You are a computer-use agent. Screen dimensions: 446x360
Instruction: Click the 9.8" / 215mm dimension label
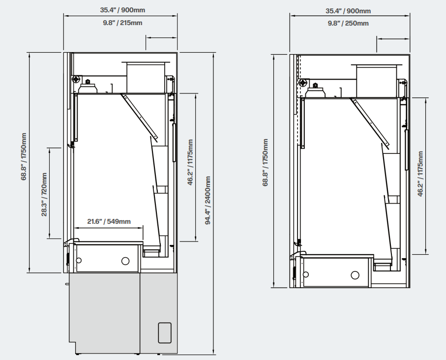pos(122,23)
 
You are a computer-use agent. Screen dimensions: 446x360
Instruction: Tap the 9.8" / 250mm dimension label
pos(348,23)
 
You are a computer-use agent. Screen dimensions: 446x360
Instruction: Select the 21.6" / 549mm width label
pos(109,221)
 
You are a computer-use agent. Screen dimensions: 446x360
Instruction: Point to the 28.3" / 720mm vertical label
pos(44,194)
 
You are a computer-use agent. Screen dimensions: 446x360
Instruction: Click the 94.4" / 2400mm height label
pos(208,200)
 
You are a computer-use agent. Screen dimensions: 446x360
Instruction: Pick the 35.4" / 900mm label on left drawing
pos(122,10)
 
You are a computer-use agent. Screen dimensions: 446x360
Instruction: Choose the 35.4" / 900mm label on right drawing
pos(348,11)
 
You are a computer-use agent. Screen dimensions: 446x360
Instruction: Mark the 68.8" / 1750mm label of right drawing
pos(266,162)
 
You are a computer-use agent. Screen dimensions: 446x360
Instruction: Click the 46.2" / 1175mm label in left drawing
pos(190,162)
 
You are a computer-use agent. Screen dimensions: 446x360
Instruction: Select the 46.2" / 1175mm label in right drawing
pos(420,174)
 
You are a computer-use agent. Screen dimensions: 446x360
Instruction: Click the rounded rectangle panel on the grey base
pos(165,332)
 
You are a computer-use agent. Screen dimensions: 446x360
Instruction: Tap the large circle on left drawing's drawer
pos(125,261)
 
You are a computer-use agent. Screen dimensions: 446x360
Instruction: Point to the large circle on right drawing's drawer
pos(355,275)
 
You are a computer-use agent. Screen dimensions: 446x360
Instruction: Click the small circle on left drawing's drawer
pos(79,260)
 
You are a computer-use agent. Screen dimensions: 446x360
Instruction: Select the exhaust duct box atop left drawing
pos(146,77)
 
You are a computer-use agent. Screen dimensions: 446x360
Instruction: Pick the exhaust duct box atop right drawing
pos(377,81)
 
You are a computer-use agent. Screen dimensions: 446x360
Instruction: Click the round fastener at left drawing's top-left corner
pos(77,79)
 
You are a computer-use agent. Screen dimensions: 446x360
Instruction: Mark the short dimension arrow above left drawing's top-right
pos(162,37)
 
